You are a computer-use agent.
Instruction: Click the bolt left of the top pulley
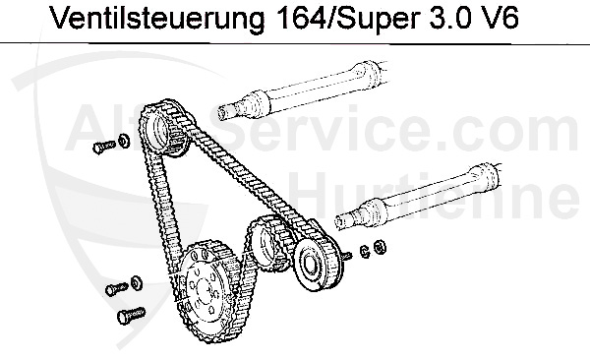click(x=99, y=147)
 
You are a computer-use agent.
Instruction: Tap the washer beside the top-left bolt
click(x=121, y=143)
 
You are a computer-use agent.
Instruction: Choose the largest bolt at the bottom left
click(x=129, y=317)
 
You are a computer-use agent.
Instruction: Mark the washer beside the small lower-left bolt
click(x=135, y=283)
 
